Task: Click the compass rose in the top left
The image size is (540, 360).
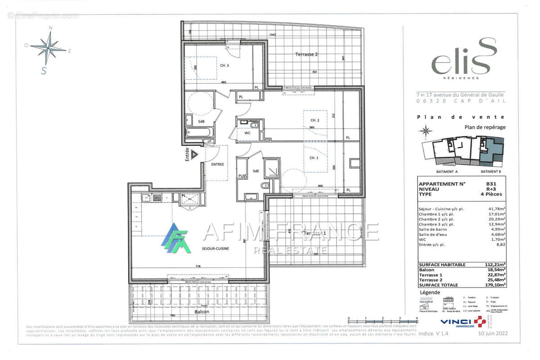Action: pos(48,48)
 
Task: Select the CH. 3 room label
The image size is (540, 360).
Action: pos(225,66)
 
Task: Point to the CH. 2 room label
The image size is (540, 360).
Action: pos(315,120)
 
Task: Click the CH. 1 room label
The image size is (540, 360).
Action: pos(315,157)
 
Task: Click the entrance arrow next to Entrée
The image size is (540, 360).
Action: pos(194,154)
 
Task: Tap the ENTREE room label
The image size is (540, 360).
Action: pos(217,164)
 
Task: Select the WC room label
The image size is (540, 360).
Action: pos(247,133)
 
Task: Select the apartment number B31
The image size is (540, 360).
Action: pos(498,184)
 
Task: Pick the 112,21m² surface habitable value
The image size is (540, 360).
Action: pos(496,265)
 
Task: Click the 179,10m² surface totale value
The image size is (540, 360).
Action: pos(496,285)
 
